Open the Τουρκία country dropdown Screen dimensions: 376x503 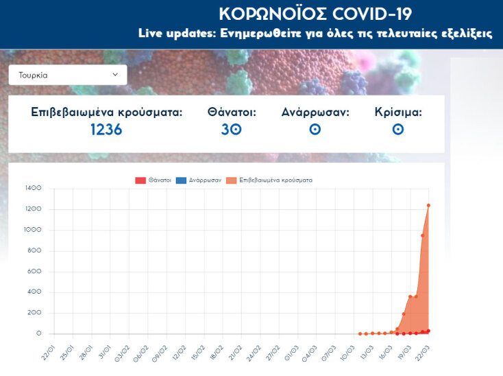(67, 75)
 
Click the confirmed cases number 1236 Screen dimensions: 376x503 (106, 129)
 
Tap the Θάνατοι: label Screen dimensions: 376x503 (232, 112)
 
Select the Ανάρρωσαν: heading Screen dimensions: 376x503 (315, 112)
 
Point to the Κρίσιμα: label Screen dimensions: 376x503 (398, 112)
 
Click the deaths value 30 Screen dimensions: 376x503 (232, 129)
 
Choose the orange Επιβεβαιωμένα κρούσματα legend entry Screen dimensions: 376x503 (269, 180)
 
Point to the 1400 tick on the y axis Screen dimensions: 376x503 (33, 188)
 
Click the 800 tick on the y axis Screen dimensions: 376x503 (34, 250)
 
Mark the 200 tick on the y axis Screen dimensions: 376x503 (34, 313)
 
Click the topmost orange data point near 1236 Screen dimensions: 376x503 (429, 205)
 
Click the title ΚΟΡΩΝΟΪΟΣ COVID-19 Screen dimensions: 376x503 (315, 14)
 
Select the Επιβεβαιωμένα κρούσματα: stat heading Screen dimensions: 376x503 (107, 112)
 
